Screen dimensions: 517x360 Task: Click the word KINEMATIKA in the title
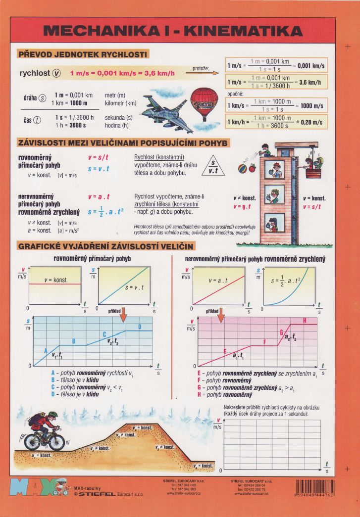(238, 32)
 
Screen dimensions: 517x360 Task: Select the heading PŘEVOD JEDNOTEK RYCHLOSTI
(82, 54)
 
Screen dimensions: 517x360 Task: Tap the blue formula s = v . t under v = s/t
(99, 169)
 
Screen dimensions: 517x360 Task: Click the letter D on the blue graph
(140, 327)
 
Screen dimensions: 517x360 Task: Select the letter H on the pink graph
(304, 321)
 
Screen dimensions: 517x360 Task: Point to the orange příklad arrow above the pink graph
(221, 314)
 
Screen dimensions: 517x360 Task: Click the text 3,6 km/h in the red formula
(157, 73)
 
